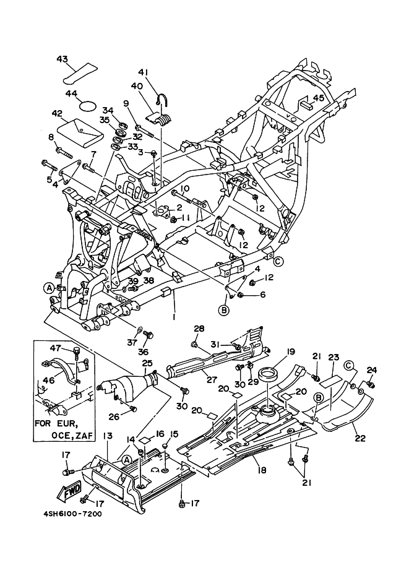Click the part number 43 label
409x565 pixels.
(x=62, y=59)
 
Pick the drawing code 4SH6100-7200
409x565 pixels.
(x=73, y=514)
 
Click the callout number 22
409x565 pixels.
(x=360, y=438)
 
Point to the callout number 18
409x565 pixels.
(x=262, y=471)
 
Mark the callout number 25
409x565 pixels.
(x=147, y=363)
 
